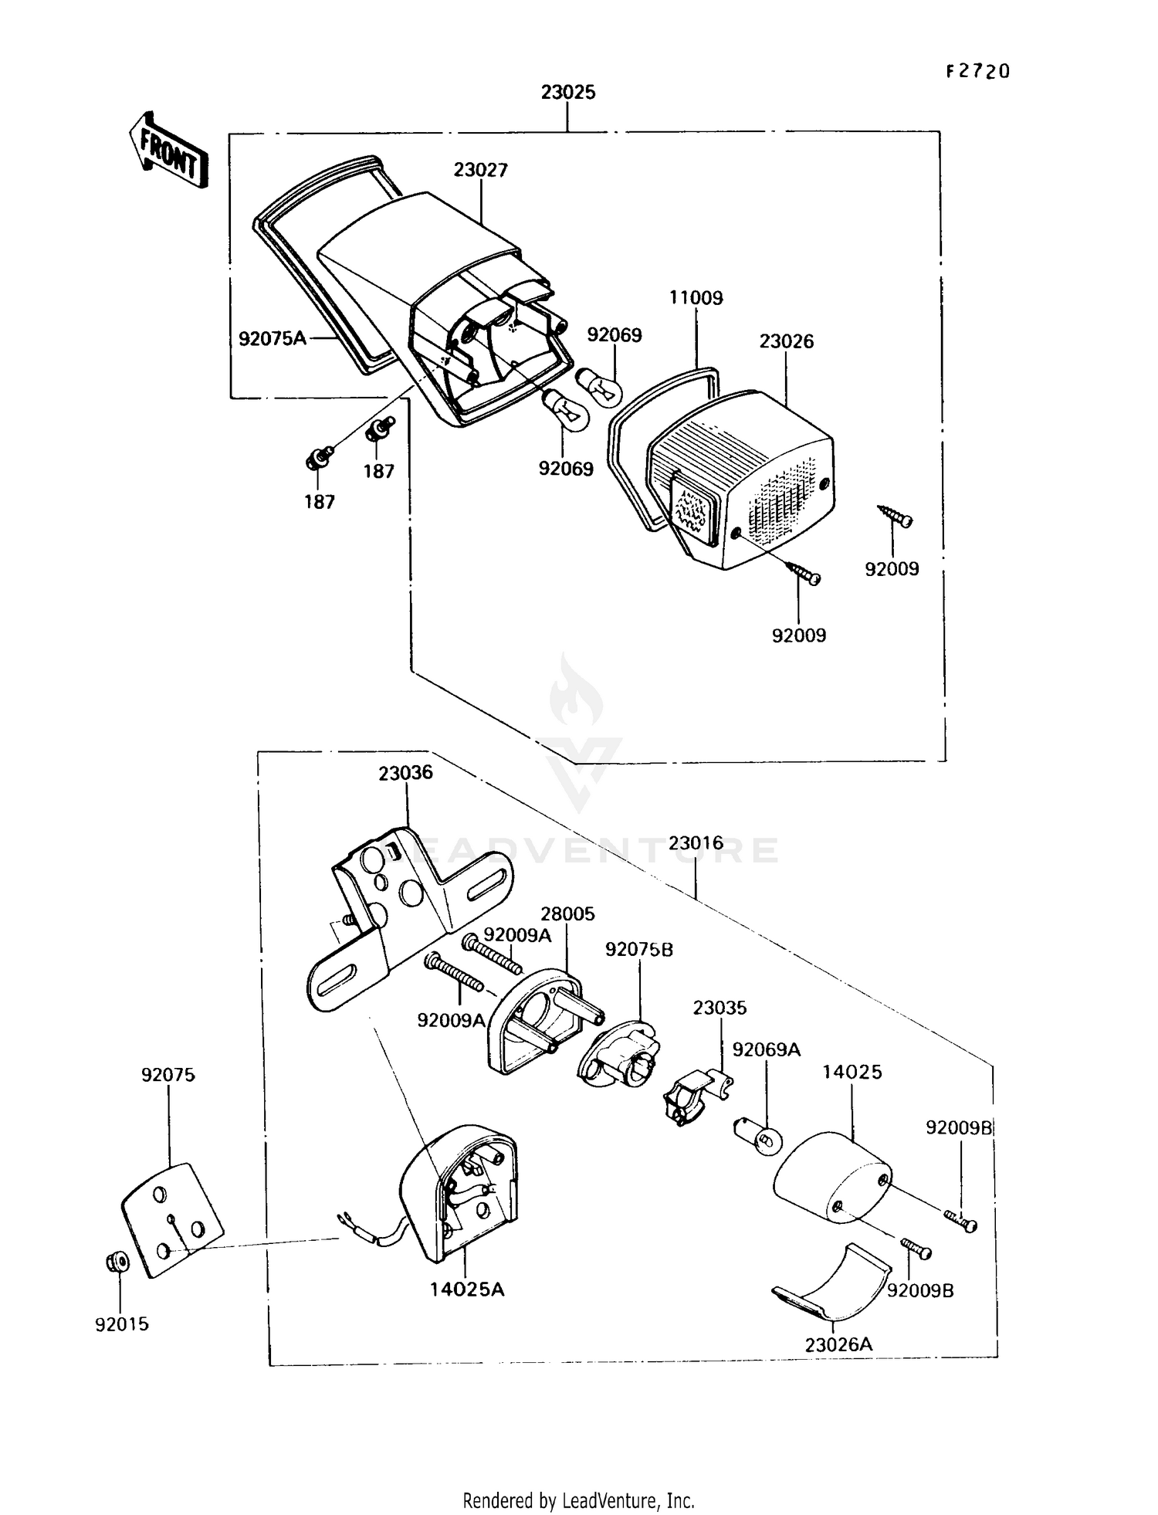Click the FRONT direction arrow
pyautogui.click(x=168, y=150)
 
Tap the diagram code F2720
pyautogui.click(x=977, y=72)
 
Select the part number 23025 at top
pyautogui.click(x=568, y=93)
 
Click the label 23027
pyautogui.click(x=480, y=170)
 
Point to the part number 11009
pyautogui.click(x=696, y=298)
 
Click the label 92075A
pyautogui.click(x=272, y=338)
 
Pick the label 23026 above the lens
pyautogui.click(x=786, y=341)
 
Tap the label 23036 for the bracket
pyautogui.click(x=405, y=773)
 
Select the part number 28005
pyautogui.click(x=567, y=914)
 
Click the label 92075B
pyautogui.click(x=638, y=950)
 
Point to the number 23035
pyautogui.click(x=720, y=1008)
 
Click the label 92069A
pyautogui.click(x=766, y=1049)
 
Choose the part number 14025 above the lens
pyautogui.click(x=852, y=1072)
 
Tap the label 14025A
pyautogui.click(x=467, y=1289)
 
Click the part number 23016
pyautogui.click(x=696, y=843)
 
